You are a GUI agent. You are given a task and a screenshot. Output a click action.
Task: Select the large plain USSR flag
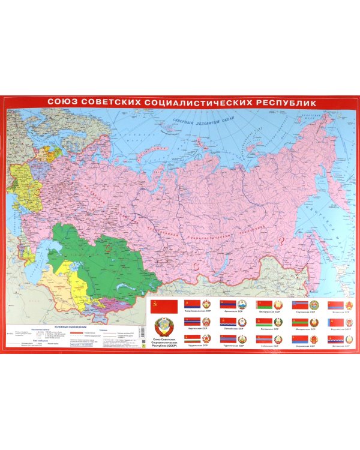click(163, 307)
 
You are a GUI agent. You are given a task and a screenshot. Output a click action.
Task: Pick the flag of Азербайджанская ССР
click(192, 304)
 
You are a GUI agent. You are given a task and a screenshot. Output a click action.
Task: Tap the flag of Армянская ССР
click(228, 304)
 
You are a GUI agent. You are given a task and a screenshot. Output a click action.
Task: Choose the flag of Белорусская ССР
click(264, 304)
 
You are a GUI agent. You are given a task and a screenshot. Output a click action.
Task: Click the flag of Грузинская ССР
click(300, 304)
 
